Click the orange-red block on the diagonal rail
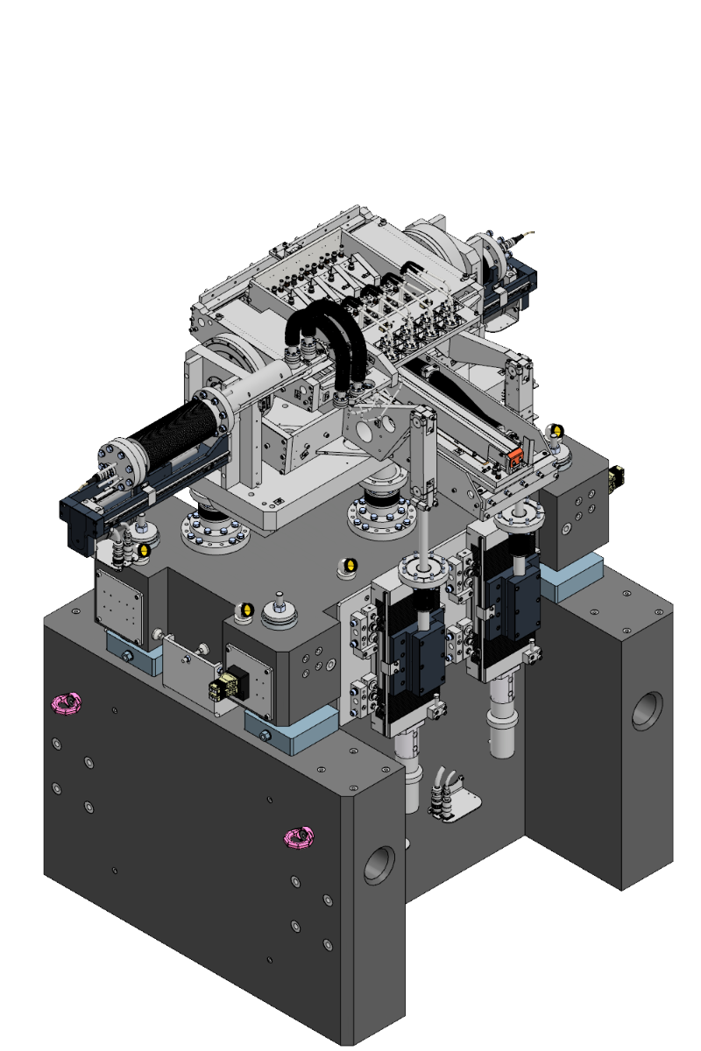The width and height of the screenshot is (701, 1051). tap(516, 455)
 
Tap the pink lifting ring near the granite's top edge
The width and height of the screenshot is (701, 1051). tap(67, 702)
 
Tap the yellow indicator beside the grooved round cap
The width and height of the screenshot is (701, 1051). tap(246, 610)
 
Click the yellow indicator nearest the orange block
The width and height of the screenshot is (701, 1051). tap(554, 431)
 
